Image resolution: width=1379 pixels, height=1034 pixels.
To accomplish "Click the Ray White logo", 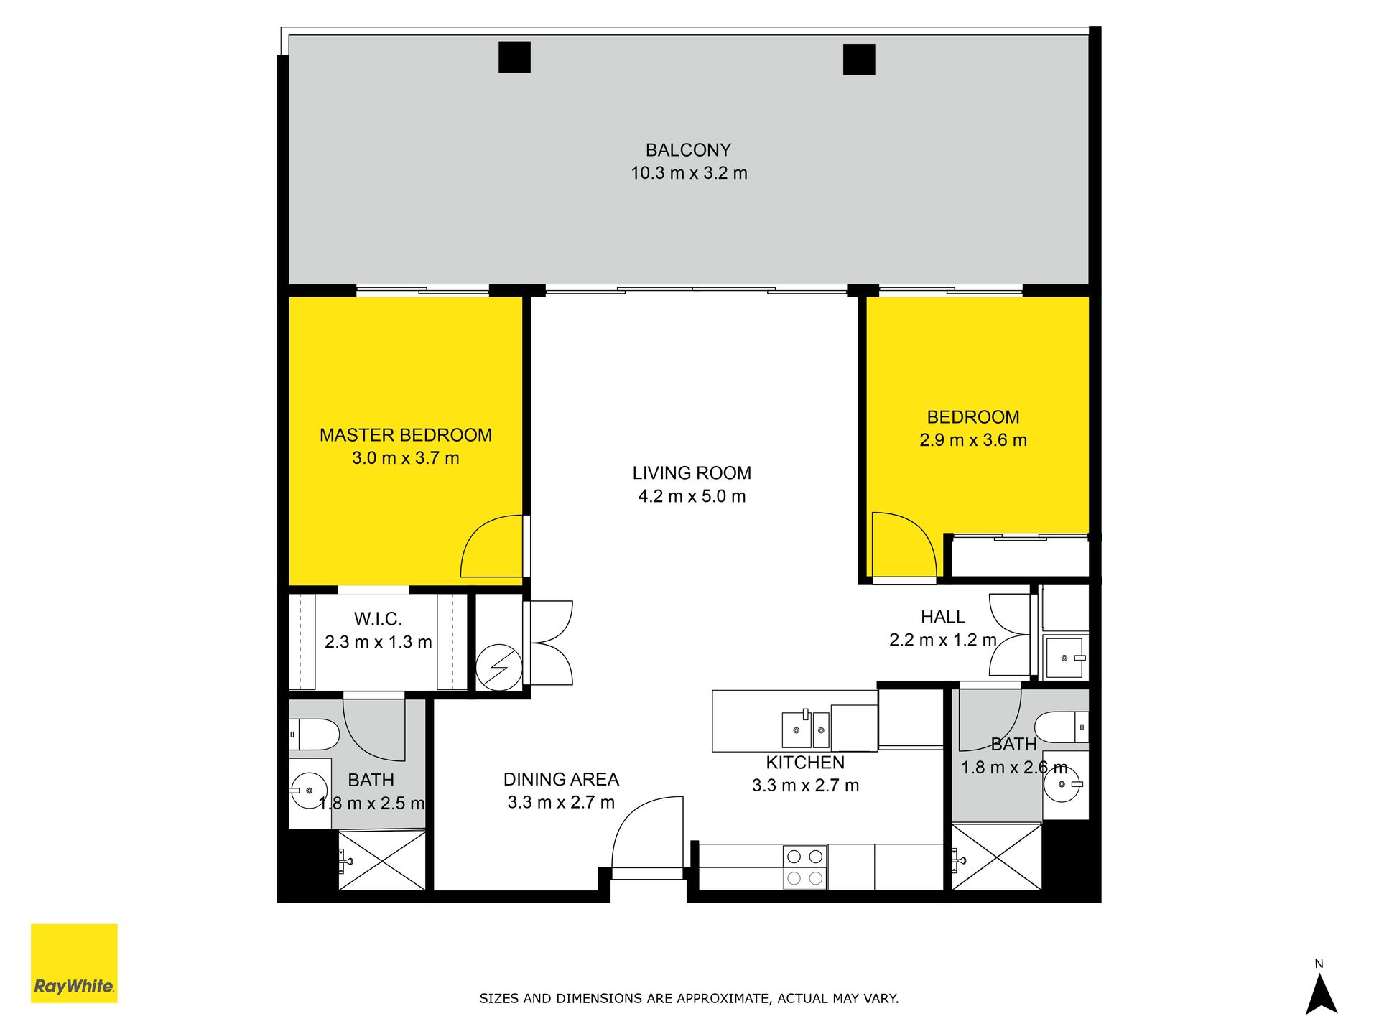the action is click(x=74, y=963).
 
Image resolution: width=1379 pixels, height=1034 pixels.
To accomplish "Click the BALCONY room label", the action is click(x=688, y=150).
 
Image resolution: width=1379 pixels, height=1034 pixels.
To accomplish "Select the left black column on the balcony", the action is click(x=514, y=57).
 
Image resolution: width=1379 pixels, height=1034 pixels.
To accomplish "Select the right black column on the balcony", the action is click(x=859, y=59).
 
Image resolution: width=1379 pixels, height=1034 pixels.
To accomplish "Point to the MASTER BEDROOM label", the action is click(x=406, y=435).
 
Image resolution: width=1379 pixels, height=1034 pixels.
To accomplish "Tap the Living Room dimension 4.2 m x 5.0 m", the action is click(x=692, y=496).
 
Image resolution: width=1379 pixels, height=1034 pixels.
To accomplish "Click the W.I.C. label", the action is click(x=378, y=619).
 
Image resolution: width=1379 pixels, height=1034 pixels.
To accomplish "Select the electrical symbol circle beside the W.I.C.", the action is click(x=499, y=668).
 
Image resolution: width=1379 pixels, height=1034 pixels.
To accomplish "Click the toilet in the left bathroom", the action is click(x=315, y=735).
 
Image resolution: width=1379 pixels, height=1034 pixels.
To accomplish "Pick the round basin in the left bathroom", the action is click(x=310, y=791).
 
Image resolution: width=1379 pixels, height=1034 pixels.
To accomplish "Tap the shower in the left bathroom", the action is click(x=381, y=860).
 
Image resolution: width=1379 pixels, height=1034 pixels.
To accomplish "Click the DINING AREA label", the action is click(x=561, y=780).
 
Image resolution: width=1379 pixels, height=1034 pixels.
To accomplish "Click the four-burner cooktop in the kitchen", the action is click(x=804, y=867).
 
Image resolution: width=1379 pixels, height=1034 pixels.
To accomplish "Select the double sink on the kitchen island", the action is click(x=806, y=730).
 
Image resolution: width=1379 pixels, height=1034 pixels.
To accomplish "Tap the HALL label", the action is click(x=943, y=617).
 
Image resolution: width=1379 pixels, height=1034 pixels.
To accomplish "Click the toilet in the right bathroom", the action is click(x=1062, y=727).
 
